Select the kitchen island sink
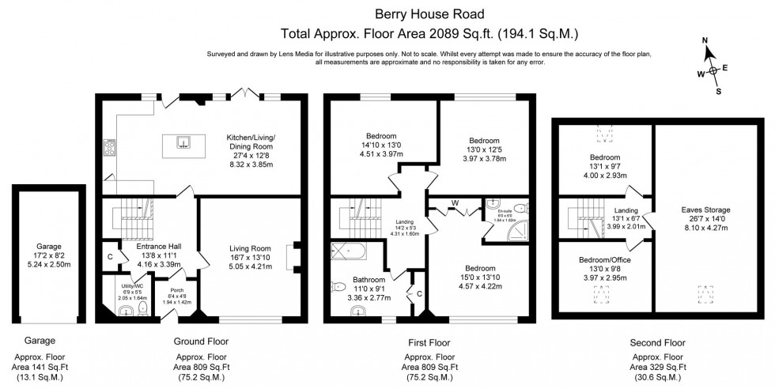(183, 142)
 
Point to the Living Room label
(251, 248)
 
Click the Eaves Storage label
(705, 210)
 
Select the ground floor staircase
(127, 213)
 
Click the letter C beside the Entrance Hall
(108, 255)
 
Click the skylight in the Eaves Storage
(703, 294)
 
